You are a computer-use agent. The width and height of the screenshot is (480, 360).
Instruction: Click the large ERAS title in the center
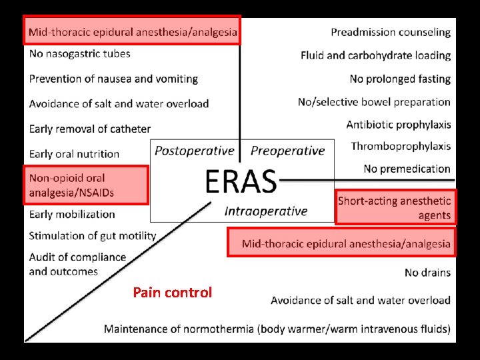click(x=240, y=180)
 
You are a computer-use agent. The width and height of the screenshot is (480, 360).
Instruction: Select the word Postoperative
click(x=195, y=151)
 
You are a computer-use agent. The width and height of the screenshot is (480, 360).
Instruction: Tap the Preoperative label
click(x=287, y=151)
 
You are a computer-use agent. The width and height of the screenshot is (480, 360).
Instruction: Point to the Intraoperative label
click(x=266, y=211)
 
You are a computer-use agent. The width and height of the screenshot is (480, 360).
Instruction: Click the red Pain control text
click(x=172, y=292)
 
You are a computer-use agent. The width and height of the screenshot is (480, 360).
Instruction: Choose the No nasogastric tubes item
click(x=80, y=53)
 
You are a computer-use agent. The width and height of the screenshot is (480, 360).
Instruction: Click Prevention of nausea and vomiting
click(x=113, y=79)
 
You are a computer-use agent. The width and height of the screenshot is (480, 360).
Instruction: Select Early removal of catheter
click(x=90, y=129)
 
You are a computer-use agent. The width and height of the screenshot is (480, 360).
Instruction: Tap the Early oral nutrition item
click(x=74, y=153)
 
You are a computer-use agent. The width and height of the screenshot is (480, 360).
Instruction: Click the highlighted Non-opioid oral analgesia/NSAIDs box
click(x=85, y=185)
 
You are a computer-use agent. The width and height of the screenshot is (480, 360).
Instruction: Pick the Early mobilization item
click(x=72, y=214)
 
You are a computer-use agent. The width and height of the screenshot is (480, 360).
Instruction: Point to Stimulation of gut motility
click(x=93, y=235)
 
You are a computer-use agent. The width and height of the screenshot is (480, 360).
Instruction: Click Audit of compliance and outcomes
click(x=77, y=264)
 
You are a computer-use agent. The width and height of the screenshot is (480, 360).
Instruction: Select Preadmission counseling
click(x=391, y=32)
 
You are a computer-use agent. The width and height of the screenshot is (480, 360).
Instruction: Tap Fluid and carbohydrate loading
click(x=375, y=55)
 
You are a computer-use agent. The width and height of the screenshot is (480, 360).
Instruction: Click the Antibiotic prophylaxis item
click(x=399, y=125)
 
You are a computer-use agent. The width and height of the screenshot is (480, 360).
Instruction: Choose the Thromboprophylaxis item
click(x=401, y=146)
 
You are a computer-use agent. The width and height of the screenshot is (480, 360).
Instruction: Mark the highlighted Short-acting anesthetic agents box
click(x=395, y=207)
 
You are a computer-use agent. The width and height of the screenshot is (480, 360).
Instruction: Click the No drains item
click(x=427, y=273)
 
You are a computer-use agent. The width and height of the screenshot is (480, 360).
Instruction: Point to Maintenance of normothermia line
click(x=277, y=329)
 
